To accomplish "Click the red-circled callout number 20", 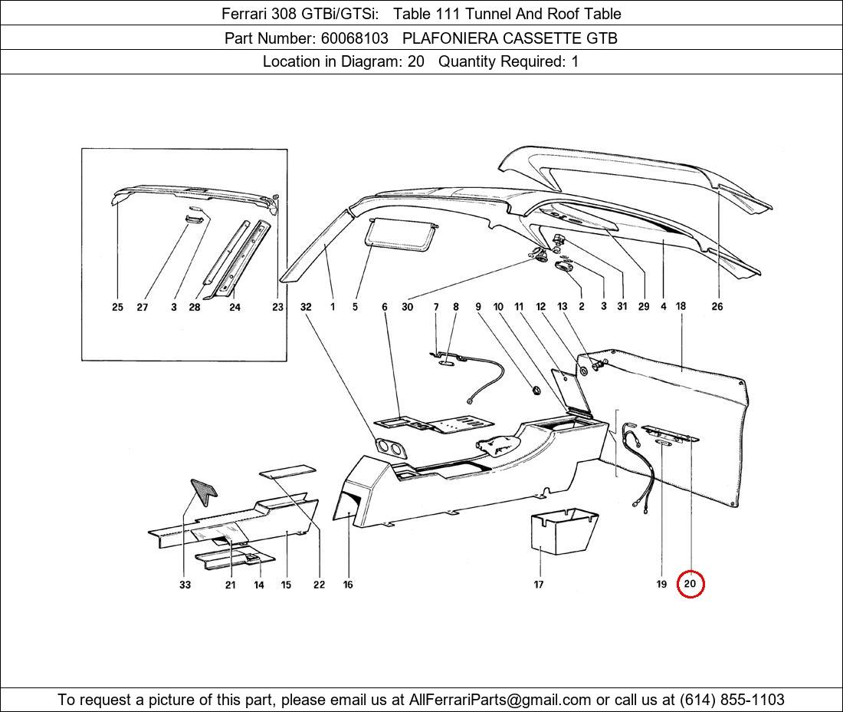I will click(690, 584).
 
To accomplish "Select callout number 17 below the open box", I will click(539, 585).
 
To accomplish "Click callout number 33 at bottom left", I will click(185, 585).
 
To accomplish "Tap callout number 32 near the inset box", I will click(306, 307).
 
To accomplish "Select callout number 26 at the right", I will click(717, 307).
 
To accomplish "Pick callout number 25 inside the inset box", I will click(117, 308).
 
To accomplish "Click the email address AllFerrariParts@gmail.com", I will click(500, 700).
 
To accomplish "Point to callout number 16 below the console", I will click(348, 585).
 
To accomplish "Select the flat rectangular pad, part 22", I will click(287, 470).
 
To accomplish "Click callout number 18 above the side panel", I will click(681, 306).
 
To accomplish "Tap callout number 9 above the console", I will click(478, 307).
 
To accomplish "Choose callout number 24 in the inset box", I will click(235, 308).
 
